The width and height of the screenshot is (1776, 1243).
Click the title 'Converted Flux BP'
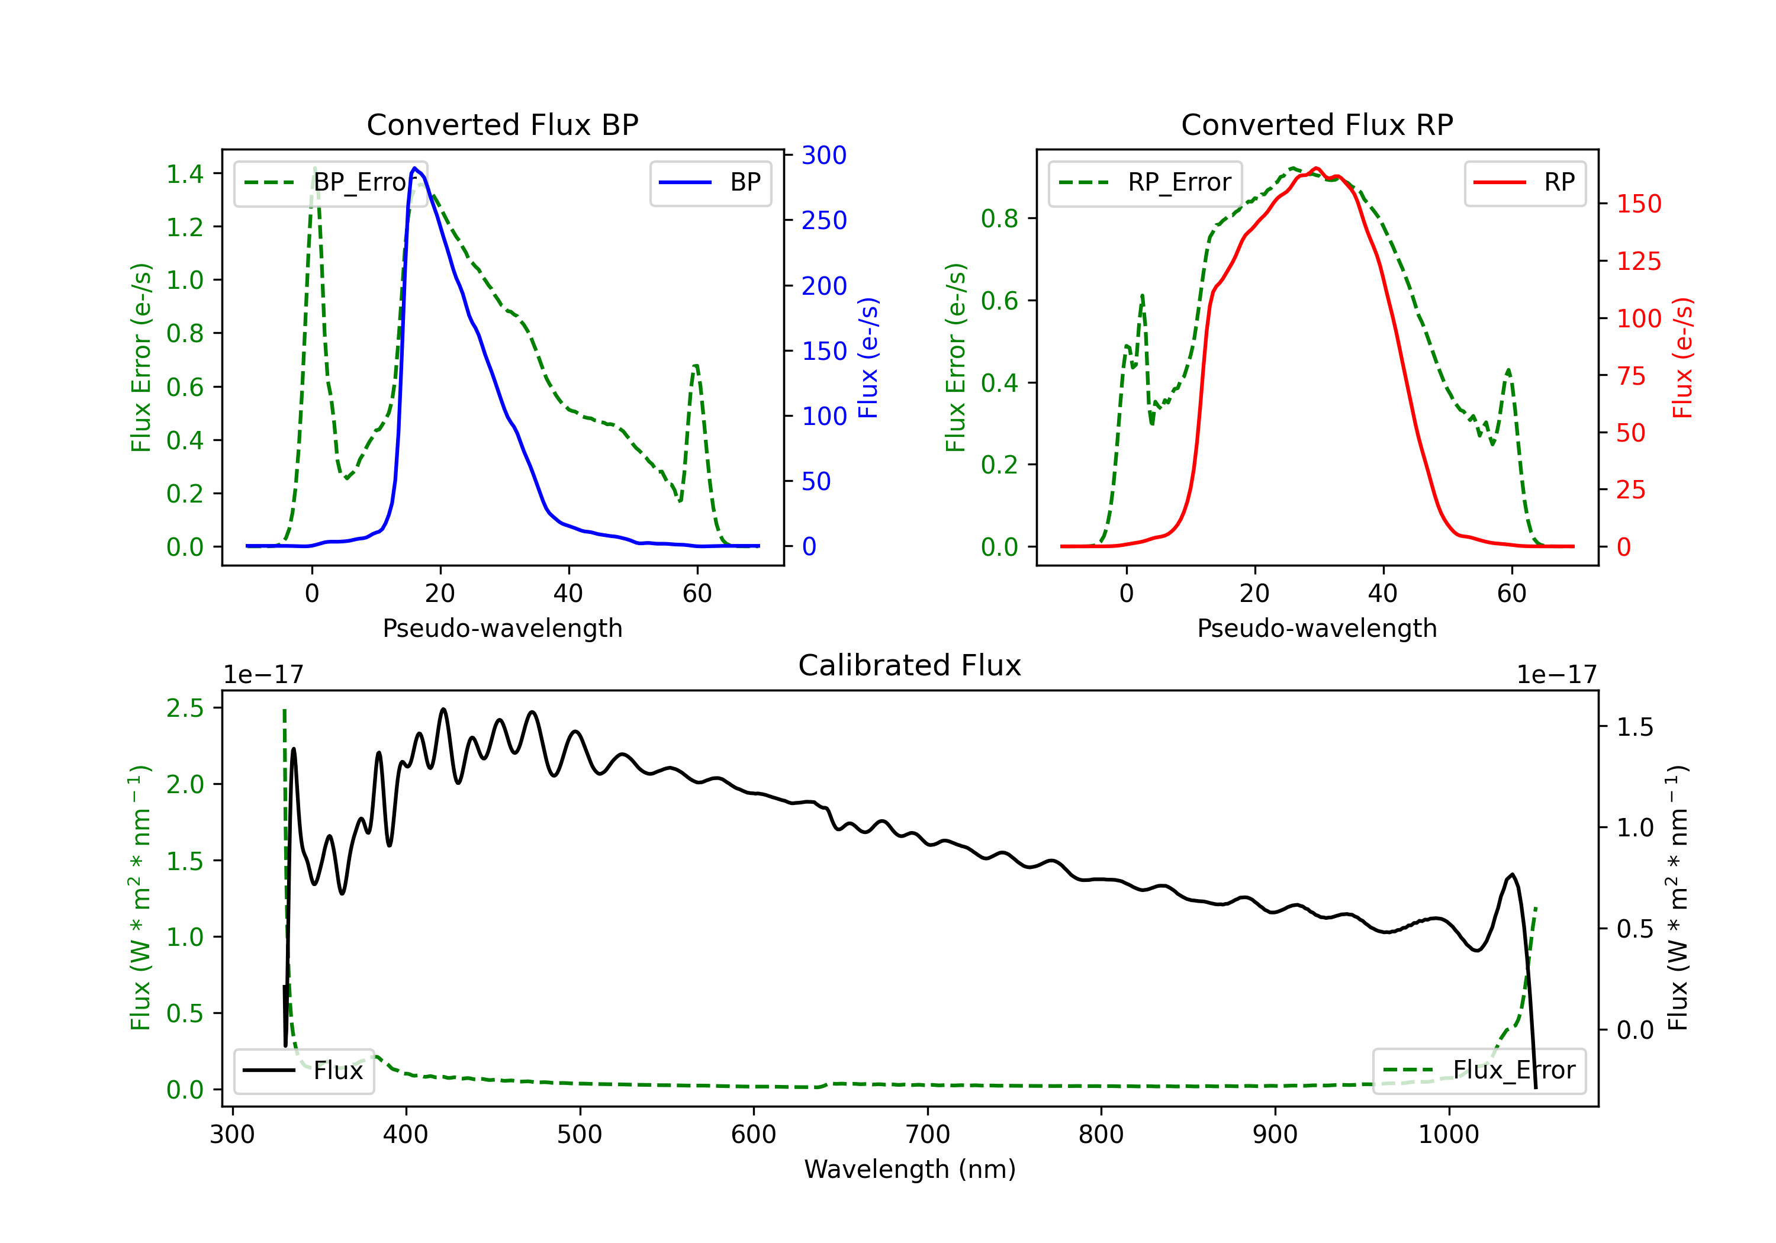[x=502, y=124]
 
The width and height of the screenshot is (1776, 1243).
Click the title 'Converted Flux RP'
[x=1317, y=124]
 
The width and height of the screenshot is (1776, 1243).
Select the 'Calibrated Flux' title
[x=910, y=665]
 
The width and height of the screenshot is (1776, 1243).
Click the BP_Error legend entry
[x=330, y=182]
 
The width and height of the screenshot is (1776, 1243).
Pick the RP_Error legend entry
[x=1145, y=182]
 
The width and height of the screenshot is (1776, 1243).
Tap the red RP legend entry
[x=1524, y=182]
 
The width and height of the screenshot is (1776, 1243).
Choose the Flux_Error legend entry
[x=1479, y=1071]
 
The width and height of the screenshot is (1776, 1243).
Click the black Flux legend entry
[x=303, y=1071]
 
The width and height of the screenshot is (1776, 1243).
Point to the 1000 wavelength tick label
[x=1449, y=1135]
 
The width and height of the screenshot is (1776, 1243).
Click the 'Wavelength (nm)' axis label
[x=910, y=1170]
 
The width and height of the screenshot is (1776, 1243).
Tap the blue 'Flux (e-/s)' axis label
[x=868, y=358]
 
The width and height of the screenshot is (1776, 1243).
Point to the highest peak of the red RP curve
[x=1317, y=168]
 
